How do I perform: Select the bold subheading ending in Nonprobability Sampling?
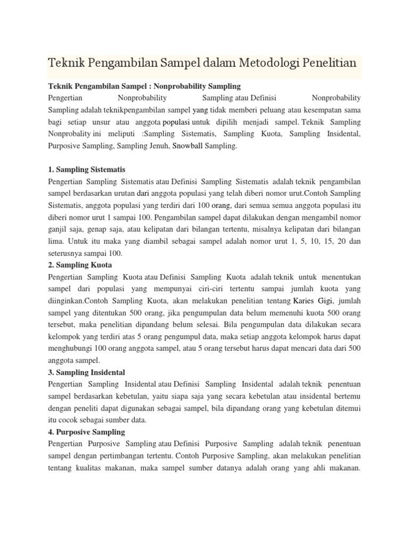click(144, 86)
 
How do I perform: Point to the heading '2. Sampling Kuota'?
click(80, 265)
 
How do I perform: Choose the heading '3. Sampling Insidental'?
click(86, 372)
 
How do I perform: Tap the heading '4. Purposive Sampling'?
click(86, 432)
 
